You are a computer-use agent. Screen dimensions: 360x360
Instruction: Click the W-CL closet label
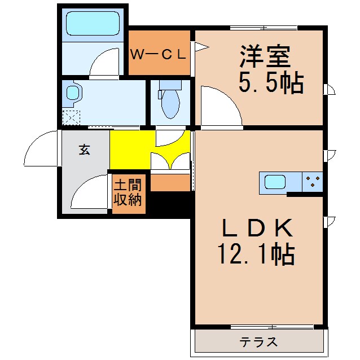click(x=158, y=55)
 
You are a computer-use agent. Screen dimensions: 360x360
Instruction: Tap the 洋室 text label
click(x=265, y=56)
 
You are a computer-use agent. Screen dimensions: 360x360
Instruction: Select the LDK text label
click(x=257, y=229)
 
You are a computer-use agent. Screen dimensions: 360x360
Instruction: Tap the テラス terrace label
click(x=258, y=342)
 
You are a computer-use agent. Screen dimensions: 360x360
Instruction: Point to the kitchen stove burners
click(x=313, y=182)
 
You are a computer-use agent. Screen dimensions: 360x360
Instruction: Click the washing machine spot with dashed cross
click(x=71, y=117)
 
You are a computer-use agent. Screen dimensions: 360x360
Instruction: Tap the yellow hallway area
click(x=130, y=150)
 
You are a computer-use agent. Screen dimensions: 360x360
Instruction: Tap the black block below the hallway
click(x=169, y=204)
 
